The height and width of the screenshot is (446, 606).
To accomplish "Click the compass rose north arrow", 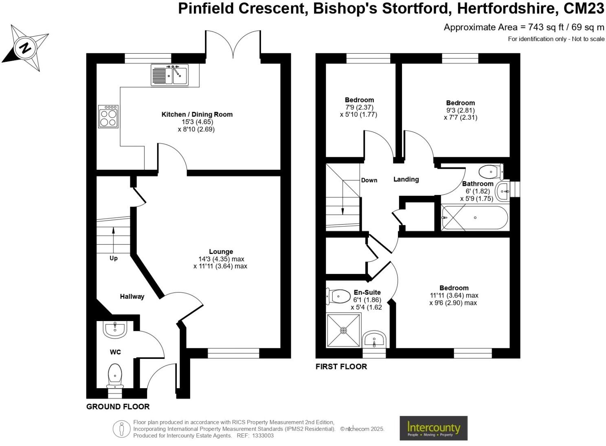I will click(25, 48).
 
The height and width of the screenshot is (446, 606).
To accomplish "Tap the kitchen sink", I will click(169, 75).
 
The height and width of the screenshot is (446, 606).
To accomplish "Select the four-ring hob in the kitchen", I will click(108, 117).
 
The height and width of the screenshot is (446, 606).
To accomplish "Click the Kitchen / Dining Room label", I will click(197, 114).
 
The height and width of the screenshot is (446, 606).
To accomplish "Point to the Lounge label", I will click(221, 251).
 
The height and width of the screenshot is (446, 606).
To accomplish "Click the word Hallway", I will click(132, 297).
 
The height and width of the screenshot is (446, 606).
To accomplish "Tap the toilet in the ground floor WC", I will click(115, 375).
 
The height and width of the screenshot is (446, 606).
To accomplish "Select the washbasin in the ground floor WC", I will click(115, 329).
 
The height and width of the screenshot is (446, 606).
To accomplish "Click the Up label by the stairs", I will click(114, 258).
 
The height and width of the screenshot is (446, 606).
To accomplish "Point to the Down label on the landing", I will click(369, 180).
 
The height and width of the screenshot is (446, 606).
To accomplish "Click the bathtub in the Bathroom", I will click(475, 218).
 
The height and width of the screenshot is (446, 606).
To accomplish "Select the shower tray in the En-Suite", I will click(343, 330).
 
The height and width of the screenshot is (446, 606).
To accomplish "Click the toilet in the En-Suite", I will click(338, 296).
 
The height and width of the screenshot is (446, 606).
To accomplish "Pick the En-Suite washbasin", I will click(374, 339).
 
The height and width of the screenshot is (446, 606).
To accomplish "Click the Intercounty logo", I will click(433, 428).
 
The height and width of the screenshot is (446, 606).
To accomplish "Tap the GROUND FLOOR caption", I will click(118, 407).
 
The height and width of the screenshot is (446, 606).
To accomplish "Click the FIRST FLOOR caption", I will click(341, 367).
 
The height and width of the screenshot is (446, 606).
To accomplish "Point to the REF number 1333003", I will click(263, 435).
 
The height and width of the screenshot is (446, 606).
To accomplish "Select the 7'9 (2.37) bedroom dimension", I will click(359, 107).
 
